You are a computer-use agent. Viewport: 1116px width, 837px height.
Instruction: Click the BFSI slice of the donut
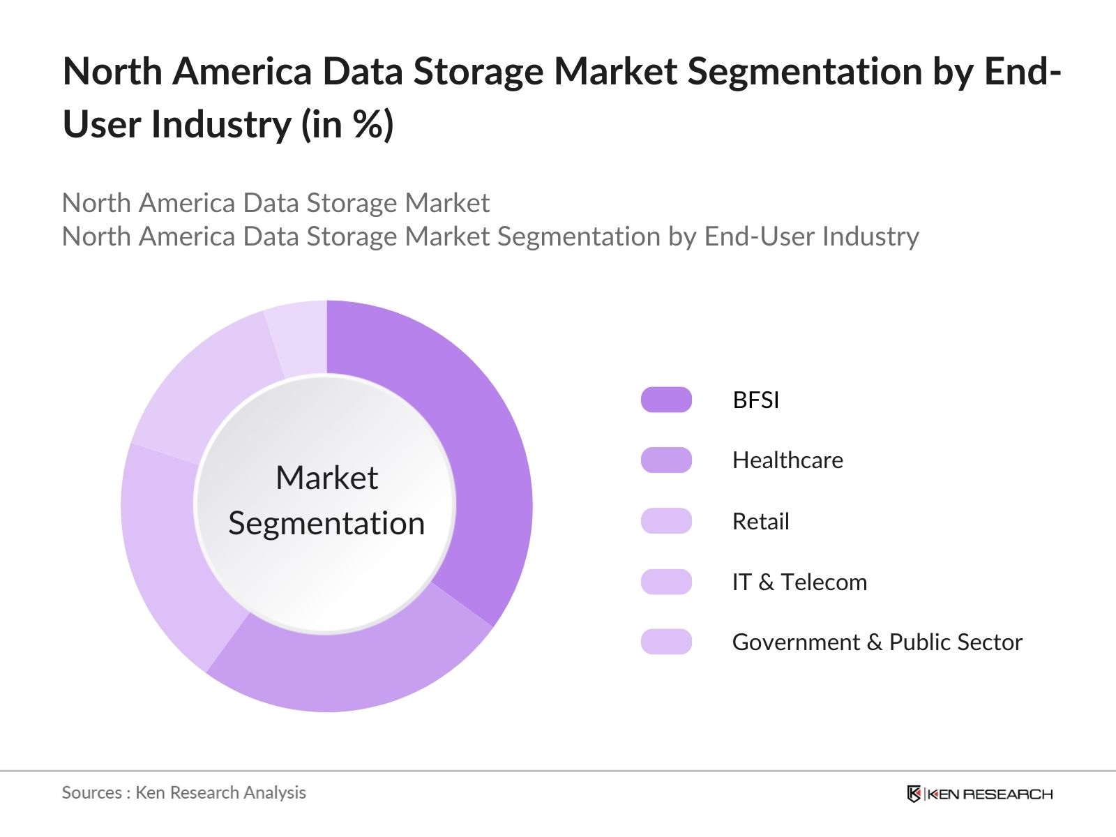(481, 446)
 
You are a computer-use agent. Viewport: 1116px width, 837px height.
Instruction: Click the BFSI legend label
(755, 400)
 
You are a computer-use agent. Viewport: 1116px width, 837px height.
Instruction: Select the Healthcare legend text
(787, 460)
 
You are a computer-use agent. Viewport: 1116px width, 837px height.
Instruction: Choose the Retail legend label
(760, 522)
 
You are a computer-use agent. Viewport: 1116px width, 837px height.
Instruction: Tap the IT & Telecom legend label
(799, 582)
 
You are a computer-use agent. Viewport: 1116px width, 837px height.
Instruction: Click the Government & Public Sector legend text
(877, 642)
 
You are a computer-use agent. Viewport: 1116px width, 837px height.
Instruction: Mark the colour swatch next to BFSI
(666, 400)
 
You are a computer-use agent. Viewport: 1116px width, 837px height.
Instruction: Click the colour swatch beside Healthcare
(666, 460)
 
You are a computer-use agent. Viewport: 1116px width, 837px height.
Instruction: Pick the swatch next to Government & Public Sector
(666, 642)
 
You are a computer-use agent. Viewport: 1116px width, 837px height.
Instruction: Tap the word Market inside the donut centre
(326, 478)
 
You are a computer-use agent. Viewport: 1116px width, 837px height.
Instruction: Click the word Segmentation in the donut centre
(326, 524)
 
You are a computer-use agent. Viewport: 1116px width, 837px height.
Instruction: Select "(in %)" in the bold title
(347, 125)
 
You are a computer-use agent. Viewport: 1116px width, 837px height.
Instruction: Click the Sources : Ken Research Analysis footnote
(183, 793)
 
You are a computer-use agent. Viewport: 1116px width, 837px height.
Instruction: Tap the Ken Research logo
(979, 794)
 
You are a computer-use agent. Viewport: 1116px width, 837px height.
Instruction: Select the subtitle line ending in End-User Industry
(490, 237)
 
